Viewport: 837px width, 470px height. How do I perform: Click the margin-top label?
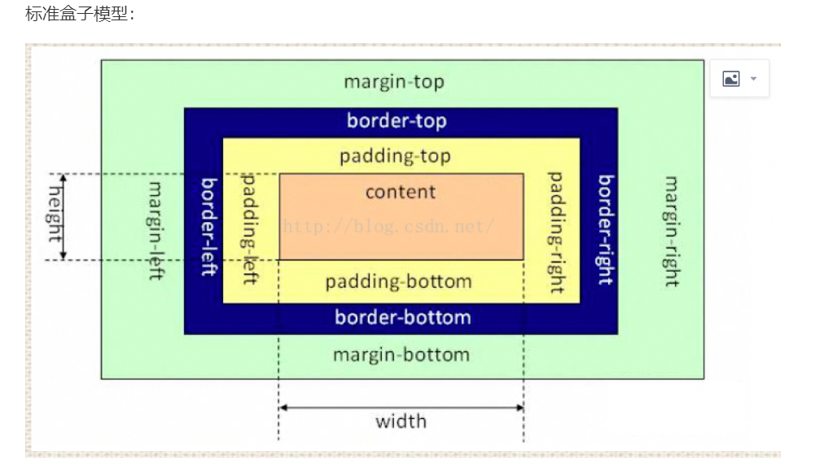click(x=394, y=82)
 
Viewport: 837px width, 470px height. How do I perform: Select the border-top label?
click(x=397, y=121)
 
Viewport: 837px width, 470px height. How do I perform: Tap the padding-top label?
click(x=395, y=156)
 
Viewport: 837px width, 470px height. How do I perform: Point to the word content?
click(x=401, y=192)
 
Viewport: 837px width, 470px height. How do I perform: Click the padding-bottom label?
click(x=399, y=281)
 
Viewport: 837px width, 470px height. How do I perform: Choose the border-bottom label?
click(x=403, y=318)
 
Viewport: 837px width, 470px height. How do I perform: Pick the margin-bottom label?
click(x=401, y=355)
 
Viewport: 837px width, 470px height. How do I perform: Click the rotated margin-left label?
click(x=156, y=231)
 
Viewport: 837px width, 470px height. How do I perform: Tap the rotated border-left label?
click(x=208, y=227)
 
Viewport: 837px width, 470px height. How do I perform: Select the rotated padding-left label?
click(x=250, y=228)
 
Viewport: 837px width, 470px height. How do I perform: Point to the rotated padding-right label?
click(x=556, y=233)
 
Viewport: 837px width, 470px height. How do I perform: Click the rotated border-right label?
click(x=606, y=229)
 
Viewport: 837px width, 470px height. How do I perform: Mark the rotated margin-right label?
click(x=672, y=231)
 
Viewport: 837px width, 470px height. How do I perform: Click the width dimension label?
click(x=401, y=421)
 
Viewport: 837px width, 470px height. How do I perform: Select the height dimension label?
click(x=55, y=214)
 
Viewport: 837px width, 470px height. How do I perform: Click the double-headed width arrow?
click(x=401, y=407)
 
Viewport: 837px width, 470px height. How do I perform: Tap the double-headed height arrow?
click(x=63, y=217)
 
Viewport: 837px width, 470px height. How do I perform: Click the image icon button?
click(x=731, y=79)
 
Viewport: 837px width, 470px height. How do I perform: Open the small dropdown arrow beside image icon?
click(x=754, y=79)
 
